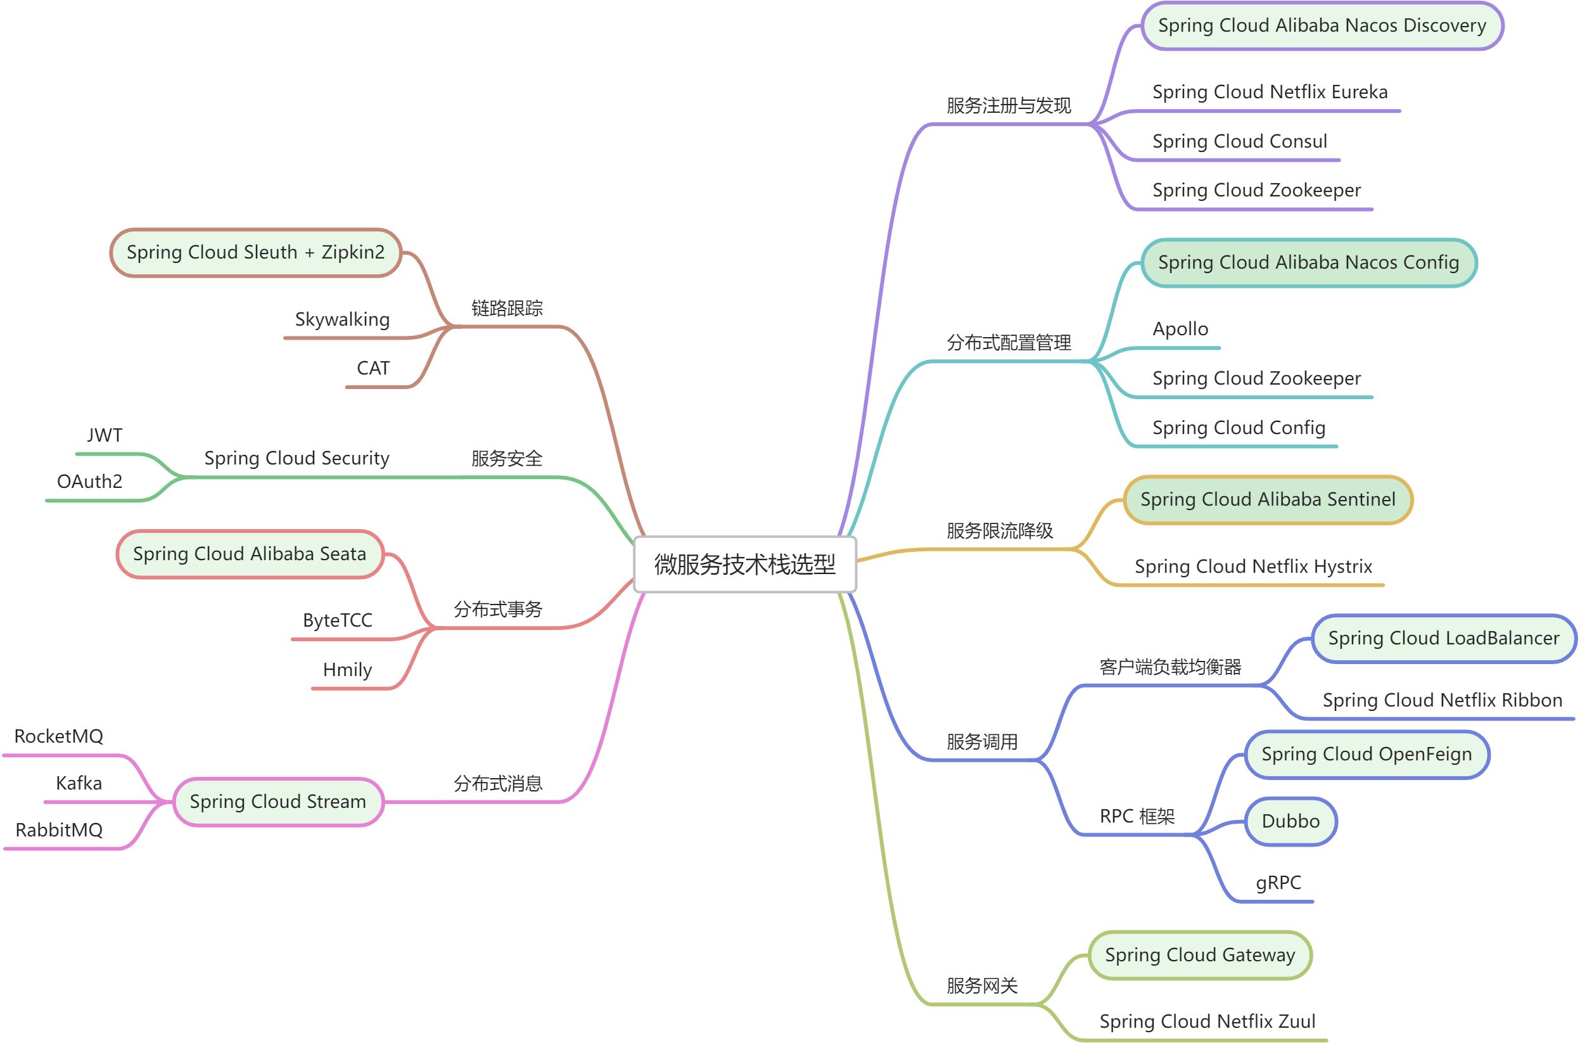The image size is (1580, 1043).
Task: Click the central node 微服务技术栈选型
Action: point(745,564)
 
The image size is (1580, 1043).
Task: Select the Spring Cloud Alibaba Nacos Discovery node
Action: point(1322,26)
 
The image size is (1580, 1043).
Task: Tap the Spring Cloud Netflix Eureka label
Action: point(1270,92)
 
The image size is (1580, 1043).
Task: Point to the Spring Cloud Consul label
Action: point(1240,141)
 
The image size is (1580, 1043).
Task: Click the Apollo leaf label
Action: point(1180,329)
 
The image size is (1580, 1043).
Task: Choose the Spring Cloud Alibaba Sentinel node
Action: point(1268,499)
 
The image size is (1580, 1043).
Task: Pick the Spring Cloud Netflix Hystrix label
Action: point(1253,566)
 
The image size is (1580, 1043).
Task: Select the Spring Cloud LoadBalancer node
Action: point(1443,639)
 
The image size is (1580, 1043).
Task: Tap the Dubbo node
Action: point(1290,821)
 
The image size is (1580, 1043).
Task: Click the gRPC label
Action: point(1277,883)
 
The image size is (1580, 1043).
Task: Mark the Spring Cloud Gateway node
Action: point(1200,955)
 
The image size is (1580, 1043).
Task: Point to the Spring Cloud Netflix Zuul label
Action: point(1207,1021)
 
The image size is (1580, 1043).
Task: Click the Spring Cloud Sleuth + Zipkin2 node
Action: point(255,253)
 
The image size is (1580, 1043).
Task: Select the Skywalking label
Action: point(342,320)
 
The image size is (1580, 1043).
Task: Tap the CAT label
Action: point(373,369)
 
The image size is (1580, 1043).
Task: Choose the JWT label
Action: point(105,436)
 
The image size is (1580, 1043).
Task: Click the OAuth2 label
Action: point(90,482)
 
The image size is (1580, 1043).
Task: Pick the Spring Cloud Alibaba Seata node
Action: point(250,554)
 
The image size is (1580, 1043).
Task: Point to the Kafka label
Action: point(79,784)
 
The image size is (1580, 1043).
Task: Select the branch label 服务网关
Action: point(981,986)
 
